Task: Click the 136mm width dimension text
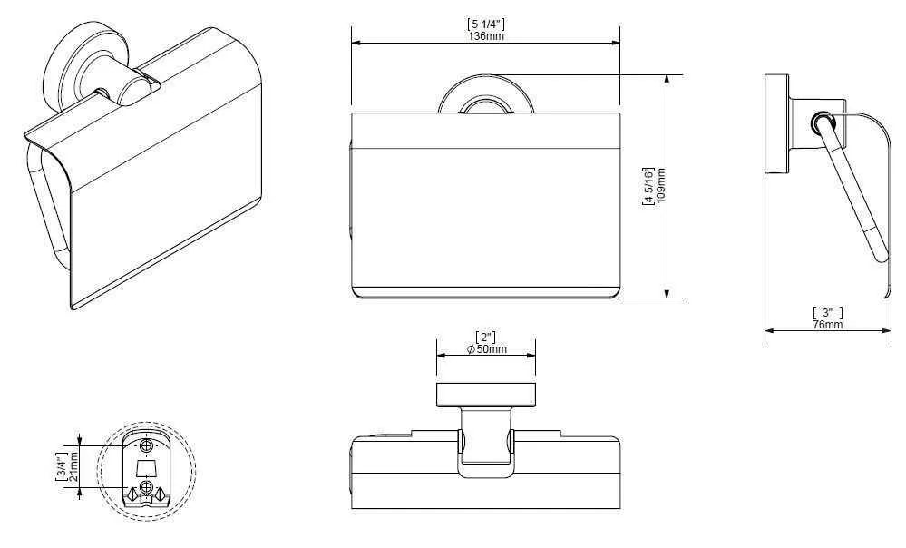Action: (x=485, y=36)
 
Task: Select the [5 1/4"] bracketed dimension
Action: (x=485, y=24)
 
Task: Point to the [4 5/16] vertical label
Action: (x=648, y=186)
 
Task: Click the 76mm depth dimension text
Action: (x=827, y=325)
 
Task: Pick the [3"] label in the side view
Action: (x=827, y=313)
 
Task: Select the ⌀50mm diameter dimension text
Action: (x=486, y=350)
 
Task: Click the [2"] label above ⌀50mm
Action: (x=486, y=338)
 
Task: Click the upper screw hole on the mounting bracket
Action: (x=146, y=446)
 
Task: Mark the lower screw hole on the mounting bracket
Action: (x=146, y=488)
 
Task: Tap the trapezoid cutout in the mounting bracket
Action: (x=146, y=468)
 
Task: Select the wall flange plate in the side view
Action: (x=776, y=122)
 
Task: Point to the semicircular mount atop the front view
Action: (x=484, y=98)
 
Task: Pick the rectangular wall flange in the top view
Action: (x=485, y=395)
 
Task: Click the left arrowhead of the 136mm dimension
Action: (x=356, y=42)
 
